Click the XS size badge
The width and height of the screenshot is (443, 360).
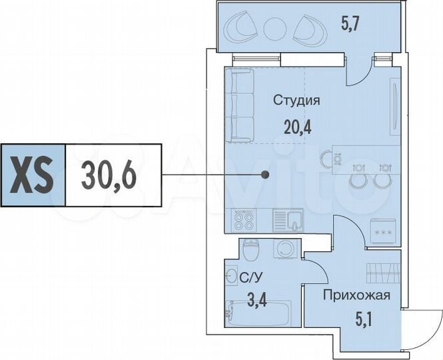click(x=33, y=175)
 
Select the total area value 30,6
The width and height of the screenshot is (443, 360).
click(x=110, y=175)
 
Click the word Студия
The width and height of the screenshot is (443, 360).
click(x=296, y=101)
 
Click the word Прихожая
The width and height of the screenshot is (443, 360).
click(x=356, y=295)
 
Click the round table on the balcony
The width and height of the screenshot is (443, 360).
click(x=273, y=30)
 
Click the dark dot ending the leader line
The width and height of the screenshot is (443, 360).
click(x=265, y=175)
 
